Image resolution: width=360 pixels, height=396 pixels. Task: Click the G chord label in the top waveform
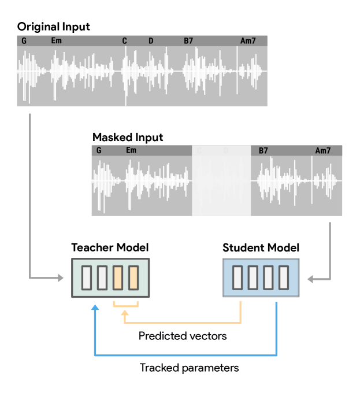click(24, 40)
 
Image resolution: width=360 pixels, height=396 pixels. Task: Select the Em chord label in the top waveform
click(56, 40)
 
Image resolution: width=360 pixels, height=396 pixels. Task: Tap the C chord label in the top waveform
click(124, 40)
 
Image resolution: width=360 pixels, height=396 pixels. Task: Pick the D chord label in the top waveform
click(151, 40)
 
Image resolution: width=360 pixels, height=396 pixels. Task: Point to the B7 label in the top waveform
click(188, 40)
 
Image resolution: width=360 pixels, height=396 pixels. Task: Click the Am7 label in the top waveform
click(248, 40)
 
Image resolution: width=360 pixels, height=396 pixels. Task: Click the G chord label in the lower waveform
click(99, 150)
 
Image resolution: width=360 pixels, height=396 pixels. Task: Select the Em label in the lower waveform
click(131, 150)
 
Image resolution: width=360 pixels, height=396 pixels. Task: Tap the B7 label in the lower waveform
click(263, 150)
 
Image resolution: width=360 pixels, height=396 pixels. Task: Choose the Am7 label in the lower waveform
click(323, 150)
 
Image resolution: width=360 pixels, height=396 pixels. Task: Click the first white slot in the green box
click(87, 277)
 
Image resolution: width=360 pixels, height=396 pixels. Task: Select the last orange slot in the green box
click(133, 277)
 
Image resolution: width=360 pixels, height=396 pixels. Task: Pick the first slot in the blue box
click(237, 277)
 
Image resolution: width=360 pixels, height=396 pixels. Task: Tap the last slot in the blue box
click(283, 277)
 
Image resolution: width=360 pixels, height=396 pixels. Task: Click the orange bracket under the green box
click(125, 304)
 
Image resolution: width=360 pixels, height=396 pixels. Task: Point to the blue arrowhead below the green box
click(95, 308)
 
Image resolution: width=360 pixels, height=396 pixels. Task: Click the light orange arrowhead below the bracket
click(125, 314)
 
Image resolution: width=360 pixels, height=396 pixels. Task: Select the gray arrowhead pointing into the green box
click(61, 278)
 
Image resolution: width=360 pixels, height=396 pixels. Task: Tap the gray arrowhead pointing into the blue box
click(310, 279)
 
